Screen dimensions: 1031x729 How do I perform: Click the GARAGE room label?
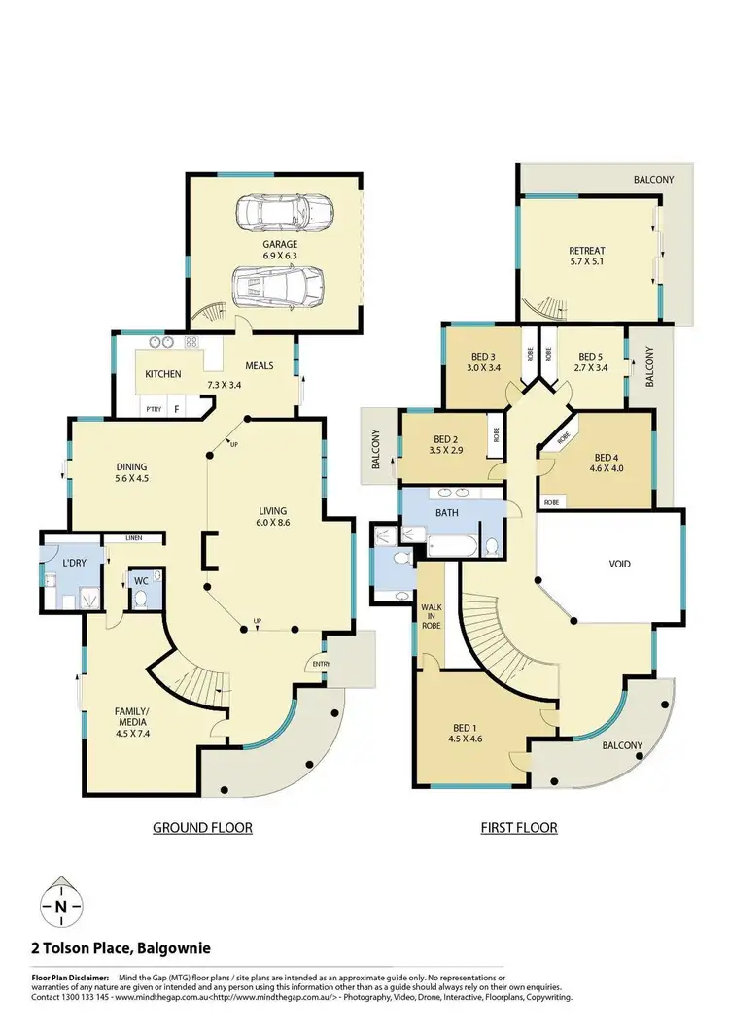click(279, 245)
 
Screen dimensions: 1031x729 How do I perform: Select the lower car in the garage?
click(277, 285)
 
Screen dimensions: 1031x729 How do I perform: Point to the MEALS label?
click(259, 366)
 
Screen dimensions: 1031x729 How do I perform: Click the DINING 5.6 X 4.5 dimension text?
click(132, 478)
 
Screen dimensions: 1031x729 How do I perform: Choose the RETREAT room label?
click(587, 252)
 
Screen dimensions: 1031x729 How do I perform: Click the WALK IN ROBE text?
click(431, 617)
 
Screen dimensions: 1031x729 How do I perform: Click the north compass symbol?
click(61, 906)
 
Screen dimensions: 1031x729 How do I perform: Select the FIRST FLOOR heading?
click(519, 828)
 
